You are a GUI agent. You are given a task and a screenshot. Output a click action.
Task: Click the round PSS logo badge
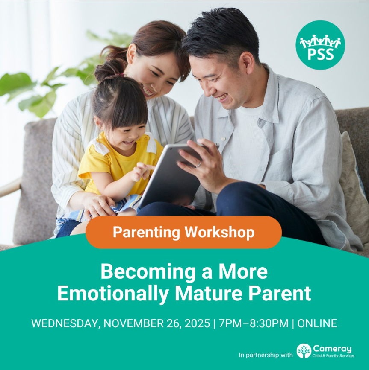[x=320, y=45]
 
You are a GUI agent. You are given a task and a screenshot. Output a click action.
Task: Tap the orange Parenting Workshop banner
[x=184, y=232]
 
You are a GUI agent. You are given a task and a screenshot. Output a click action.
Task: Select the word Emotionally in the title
[x=113, y=293]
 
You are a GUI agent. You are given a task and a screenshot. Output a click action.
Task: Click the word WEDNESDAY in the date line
[x=64, y=323]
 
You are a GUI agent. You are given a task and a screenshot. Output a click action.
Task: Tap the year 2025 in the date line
[x=197, y=323]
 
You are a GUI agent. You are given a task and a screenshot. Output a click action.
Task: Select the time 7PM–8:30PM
[x=254, y=323]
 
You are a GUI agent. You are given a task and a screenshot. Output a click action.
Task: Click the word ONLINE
[x=317, y=323]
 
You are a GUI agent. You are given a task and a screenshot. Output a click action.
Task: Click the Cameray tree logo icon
[x=304, y=351]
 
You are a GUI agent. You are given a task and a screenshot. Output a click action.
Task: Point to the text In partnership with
[x=266, y=355]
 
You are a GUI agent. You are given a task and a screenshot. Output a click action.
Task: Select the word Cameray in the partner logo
[x=332, y=349]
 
